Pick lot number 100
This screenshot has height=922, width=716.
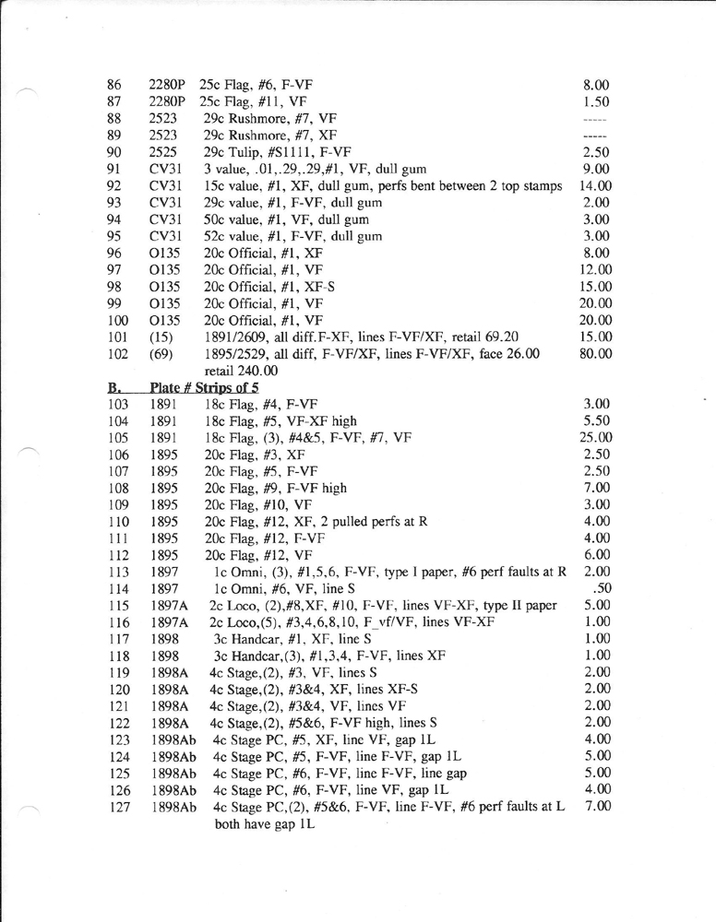118,320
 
